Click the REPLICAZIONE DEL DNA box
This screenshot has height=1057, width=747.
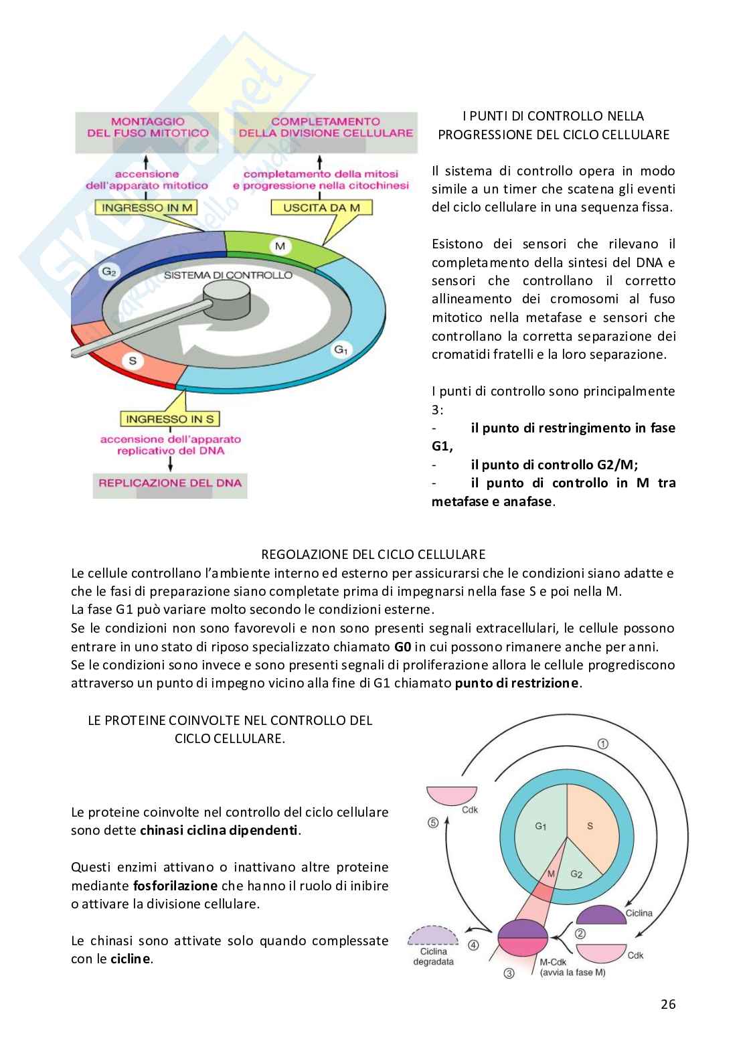point(170,483)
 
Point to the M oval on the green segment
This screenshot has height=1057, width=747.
point(280,246)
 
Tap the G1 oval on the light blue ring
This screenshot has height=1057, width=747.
point(340,349)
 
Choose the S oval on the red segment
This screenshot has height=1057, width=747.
point(133,361)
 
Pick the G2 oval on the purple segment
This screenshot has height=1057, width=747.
point(107,272)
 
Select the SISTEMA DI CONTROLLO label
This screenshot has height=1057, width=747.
point(228,275)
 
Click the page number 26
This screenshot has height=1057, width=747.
point(667,1004)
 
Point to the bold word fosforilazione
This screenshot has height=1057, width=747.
point(175,886)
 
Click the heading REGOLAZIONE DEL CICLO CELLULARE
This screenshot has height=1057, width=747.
point(373,554)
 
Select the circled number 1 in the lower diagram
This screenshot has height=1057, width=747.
point(602,744)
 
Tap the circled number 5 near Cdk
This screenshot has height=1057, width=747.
point(433,823)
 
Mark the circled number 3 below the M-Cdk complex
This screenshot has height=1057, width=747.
point(509,974)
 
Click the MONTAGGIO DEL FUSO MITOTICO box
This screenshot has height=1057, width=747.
point(148,127)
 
